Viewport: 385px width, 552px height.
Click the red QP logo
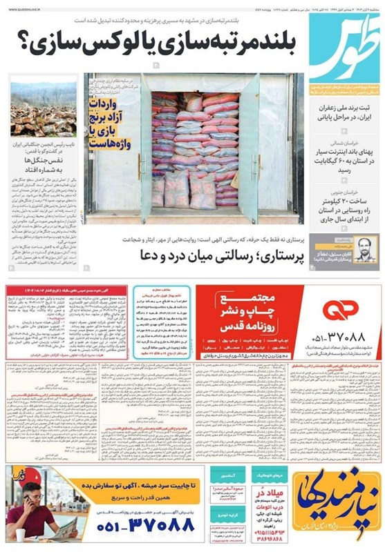[x=338, y=310]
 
